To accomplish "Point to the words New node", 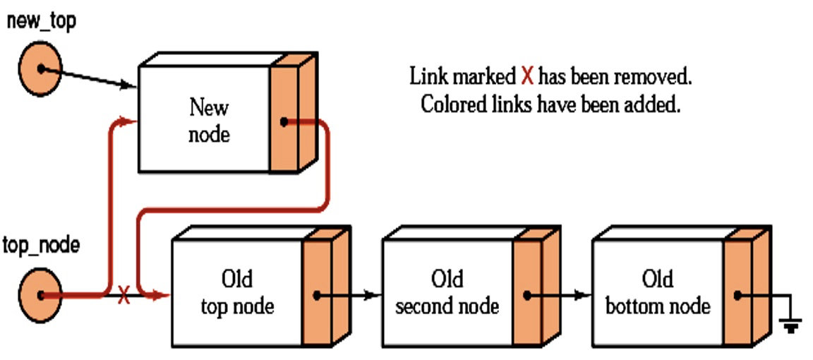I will click(x=209, y=121).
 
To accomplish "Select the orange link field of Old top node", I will click(x=316, y=294).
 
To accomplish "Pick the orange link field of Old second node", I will click(x=526, y=294).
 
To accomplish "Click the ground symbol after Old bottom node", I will click(x=790, y=324).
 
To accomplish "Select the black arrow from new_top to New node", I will click(x=92, y=78).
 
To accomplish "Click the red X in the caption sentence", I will click(x=526, y=76).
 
